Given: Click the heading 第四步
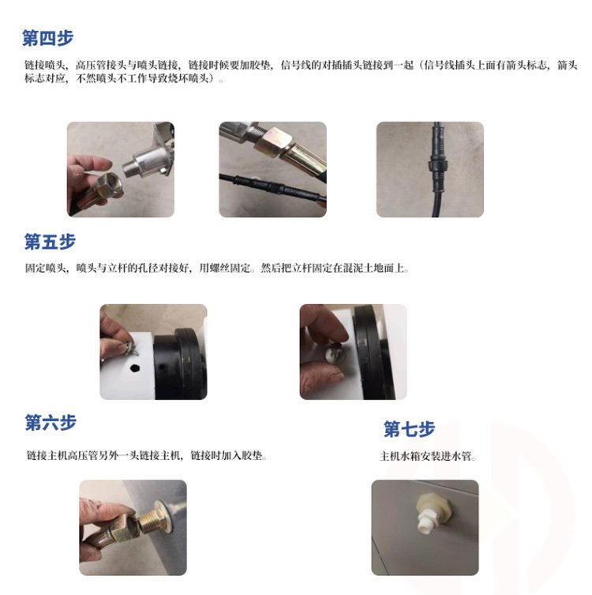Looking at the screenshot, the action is pos(47,38).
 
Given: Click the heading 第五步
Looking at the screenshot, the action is pos(50,241).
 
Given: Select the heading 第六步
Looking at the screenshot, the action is pos(51,422).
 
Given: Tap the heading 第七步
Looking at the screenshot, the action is pos(409,429).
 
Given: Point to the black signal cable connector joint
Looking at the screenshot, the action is pos(438,165).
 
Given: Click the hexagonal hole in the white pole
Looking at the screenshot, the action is pos(134,367).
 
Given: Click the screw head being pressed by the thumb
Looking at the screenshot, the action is pos(335,354).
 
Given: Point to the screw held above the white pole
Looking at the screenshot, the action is pos(129,348).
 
